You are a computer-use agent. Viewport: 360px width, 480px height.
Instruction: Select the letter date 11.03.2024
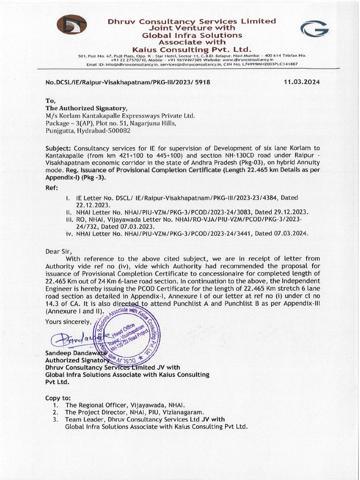click(302, 82)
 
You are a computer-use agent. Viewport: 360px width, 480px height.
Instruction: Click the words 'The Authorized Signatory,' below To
click(86, 108)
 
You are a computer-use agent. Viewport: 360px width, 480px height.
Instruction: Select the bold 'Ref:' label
click(52, 187)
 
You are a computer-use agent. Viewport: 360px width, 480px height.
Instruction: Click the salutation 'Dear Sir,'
click(59, 251)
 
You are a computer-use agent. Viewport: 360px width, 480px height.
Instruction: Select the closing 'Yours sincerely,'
click(68, 321)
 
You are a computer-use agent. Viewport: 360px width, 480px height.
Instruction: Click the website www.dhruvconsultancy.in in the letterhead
click(248, 60)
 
